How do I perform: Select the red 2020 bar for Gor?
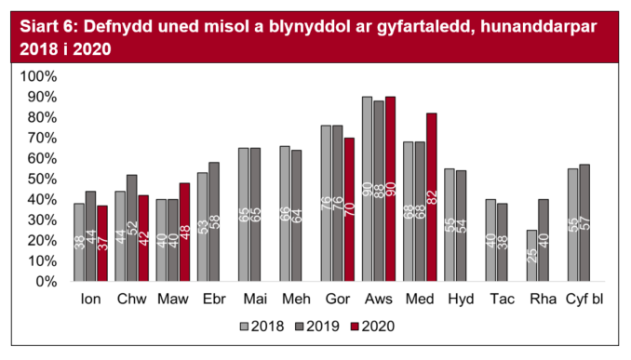(x=349, y=209)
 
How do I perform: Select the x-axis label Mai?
(x=254, y=300)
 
